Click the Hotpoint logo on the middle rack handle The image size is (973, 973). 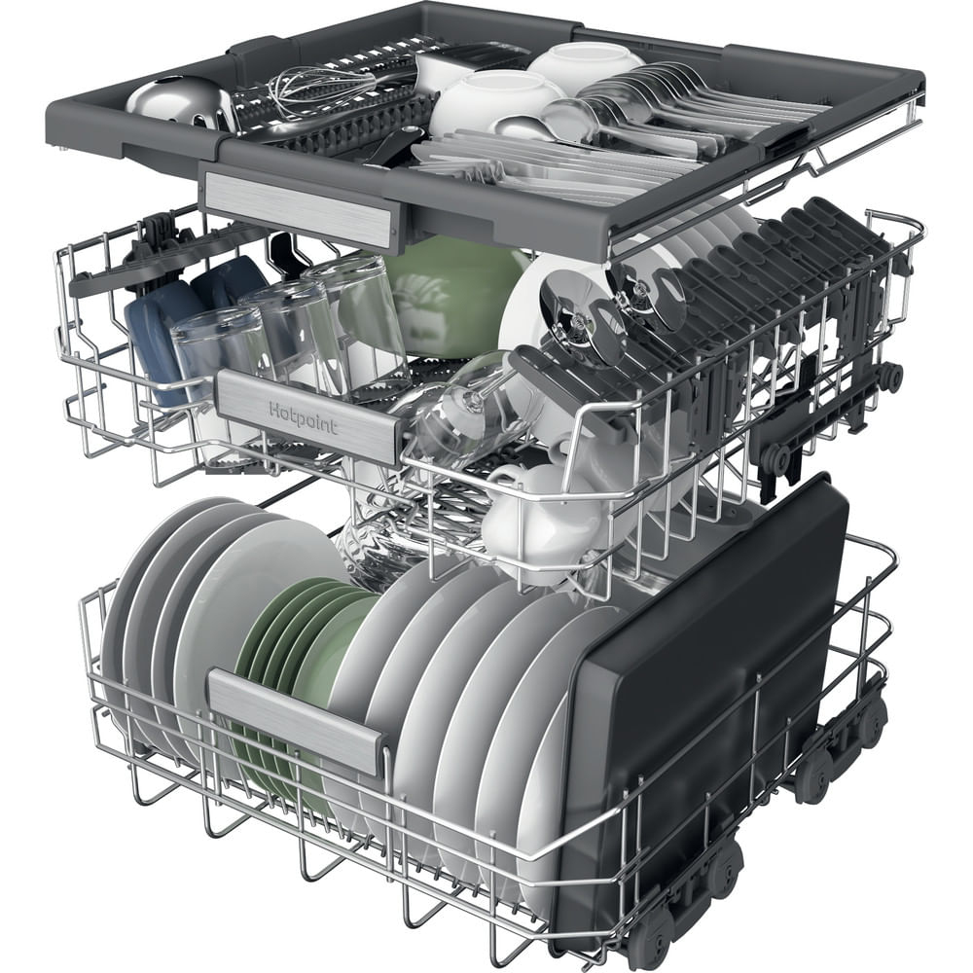pos(304,418)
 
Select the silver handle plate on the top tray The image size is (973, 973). pos(299,204)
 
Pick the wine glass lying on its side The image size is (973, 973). pos(459,404)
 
